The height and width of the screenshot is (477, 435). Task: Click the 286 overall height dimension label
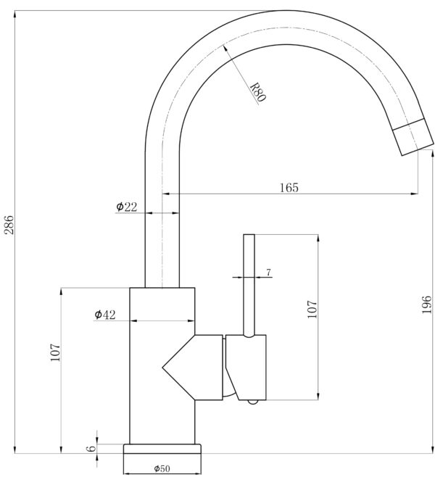(9, 225)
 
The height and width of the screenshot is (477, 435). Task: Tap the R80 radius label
(257, 92)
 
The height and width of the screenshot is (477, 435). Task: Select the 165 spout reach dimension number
(289, 187)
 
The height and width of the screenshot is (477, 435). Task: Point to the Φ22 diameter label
(127, 207)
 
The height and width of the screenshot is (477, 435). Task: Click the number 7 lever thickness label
(268, 273)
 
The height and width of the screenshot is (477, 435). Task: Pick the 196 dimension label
(427, 304)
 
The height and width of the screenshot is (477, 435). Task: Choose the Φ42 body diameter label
(105, 315)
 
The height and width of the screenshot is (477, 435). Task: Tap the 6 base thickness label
(91, 449)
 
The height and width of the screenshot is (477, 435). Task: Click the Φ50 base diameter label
(162, 468)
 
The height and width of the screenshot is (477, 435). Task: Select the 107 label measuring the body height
(55, 352)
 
